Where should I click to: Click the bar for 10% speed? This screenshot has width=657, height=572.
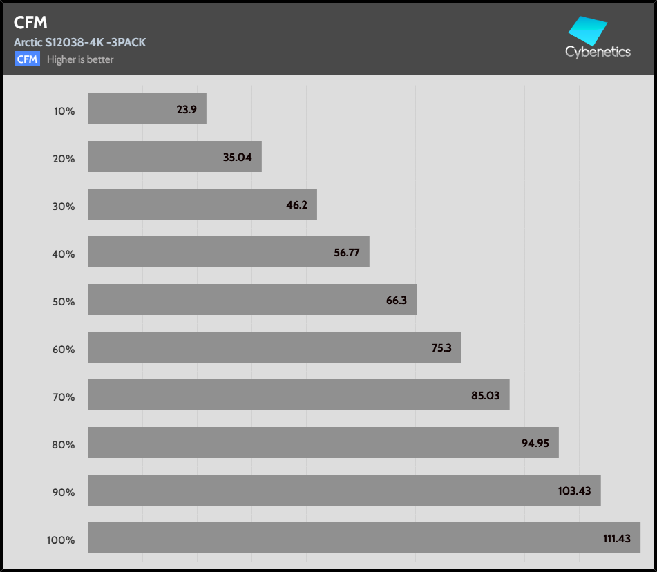point(146,109)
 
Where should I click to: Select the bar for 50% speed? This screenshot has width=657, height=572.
point(252,300)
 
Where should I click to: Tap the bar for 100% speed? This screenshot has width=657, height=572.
point(363,538)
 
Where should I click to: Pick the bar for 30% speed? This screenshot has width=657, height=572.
point(202,204)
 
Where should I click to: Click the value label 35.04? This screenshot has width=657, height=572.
point(237,158)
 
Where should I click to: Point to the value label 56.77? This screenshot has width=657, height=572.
point(347,253)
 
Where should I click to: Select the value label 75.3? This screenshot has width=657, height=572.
point(441,348)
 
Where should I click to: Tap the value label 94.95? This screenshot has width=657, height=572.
point(535,444)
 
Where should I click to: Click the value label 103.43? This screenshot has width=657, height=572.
point(575,491)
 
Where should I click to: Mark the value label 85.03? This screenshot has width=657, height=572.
point(486,396)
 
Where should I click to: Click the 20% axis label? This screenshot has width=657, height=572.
point(64,159)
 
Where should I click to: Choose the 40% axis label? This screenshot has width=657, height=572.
point(64,254)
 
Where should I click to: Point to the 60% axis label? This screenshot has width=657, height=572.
point(64,350)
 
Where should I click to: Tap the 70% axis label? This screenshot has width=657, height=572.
point(64,397)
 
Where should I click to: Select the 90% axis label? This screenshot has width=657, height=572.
point(64,493)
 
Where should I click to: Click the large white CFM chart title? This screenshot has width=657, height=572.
point(30,23)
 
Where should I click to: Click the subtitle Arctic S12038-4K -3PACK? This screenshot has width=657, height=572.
point(79,43)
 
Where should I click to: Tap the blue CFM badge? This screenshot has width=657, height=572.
point(27,59)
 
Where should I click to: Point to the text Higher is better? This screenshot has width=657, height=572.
point(80,60)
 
